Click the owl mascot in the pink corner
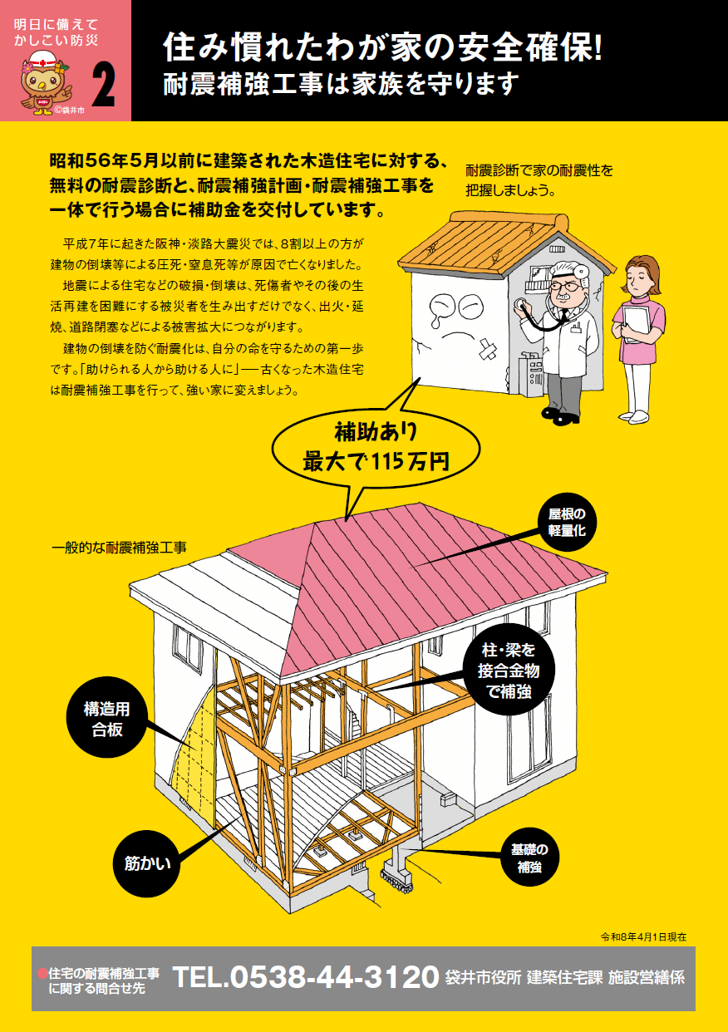pos(45,82)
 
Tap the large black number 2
pos(103,86)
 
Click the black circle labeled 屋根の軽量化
pos(567,523)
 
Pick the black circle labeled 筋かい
pos(146,863)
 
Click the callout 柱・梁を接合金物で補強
pos(509,671)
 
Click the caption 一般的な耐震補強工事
pos(119,548)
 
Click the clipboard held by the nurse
pos(636,322)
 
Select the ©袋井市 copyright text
pos(70,111)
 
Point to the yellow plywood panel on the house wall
pos(194,755)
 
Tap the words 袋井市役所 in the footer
pos(483,978)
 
